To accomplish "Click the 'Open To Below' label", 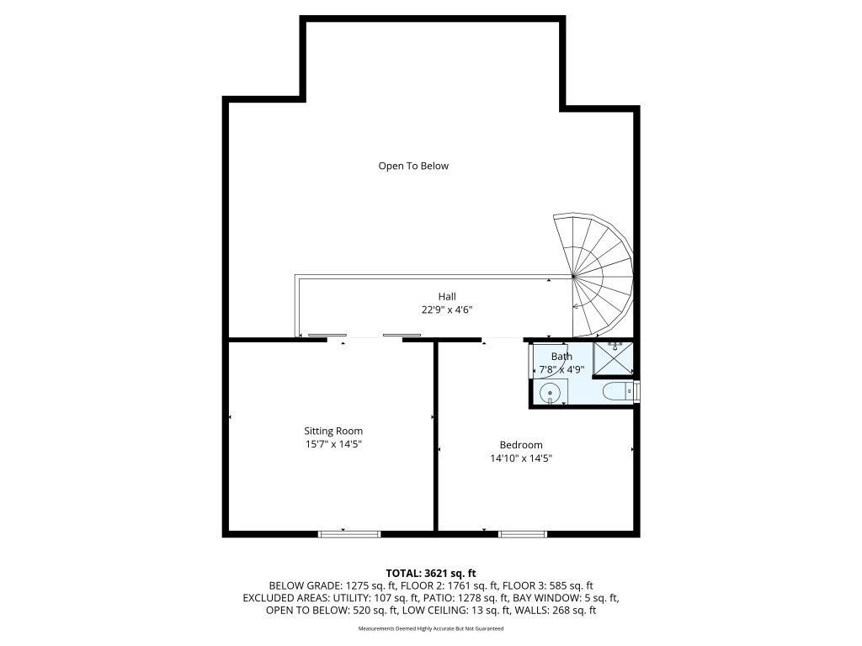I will (413, 166).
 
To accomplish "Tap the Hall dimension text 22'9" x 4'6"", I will (447, 310).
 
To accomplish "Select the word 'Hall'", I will (447, 296).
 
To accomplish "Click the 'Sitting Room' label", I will (333, 431).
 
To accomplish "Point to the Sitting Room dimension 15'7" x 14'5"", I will (333, 444).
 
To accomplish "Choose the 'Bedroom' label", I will (521, 445).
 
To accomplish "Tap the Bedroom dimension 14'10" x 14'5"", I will (521, 458).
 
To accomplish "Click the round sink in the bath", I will (550, 392).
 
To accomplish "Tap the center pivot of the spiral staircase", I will (573, 276).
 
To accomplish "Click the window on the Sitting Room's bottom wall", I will (349, 533).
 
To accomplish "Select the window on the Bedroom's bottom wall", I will (523, 533).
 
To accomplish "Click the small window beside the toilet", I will (637, 392).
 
